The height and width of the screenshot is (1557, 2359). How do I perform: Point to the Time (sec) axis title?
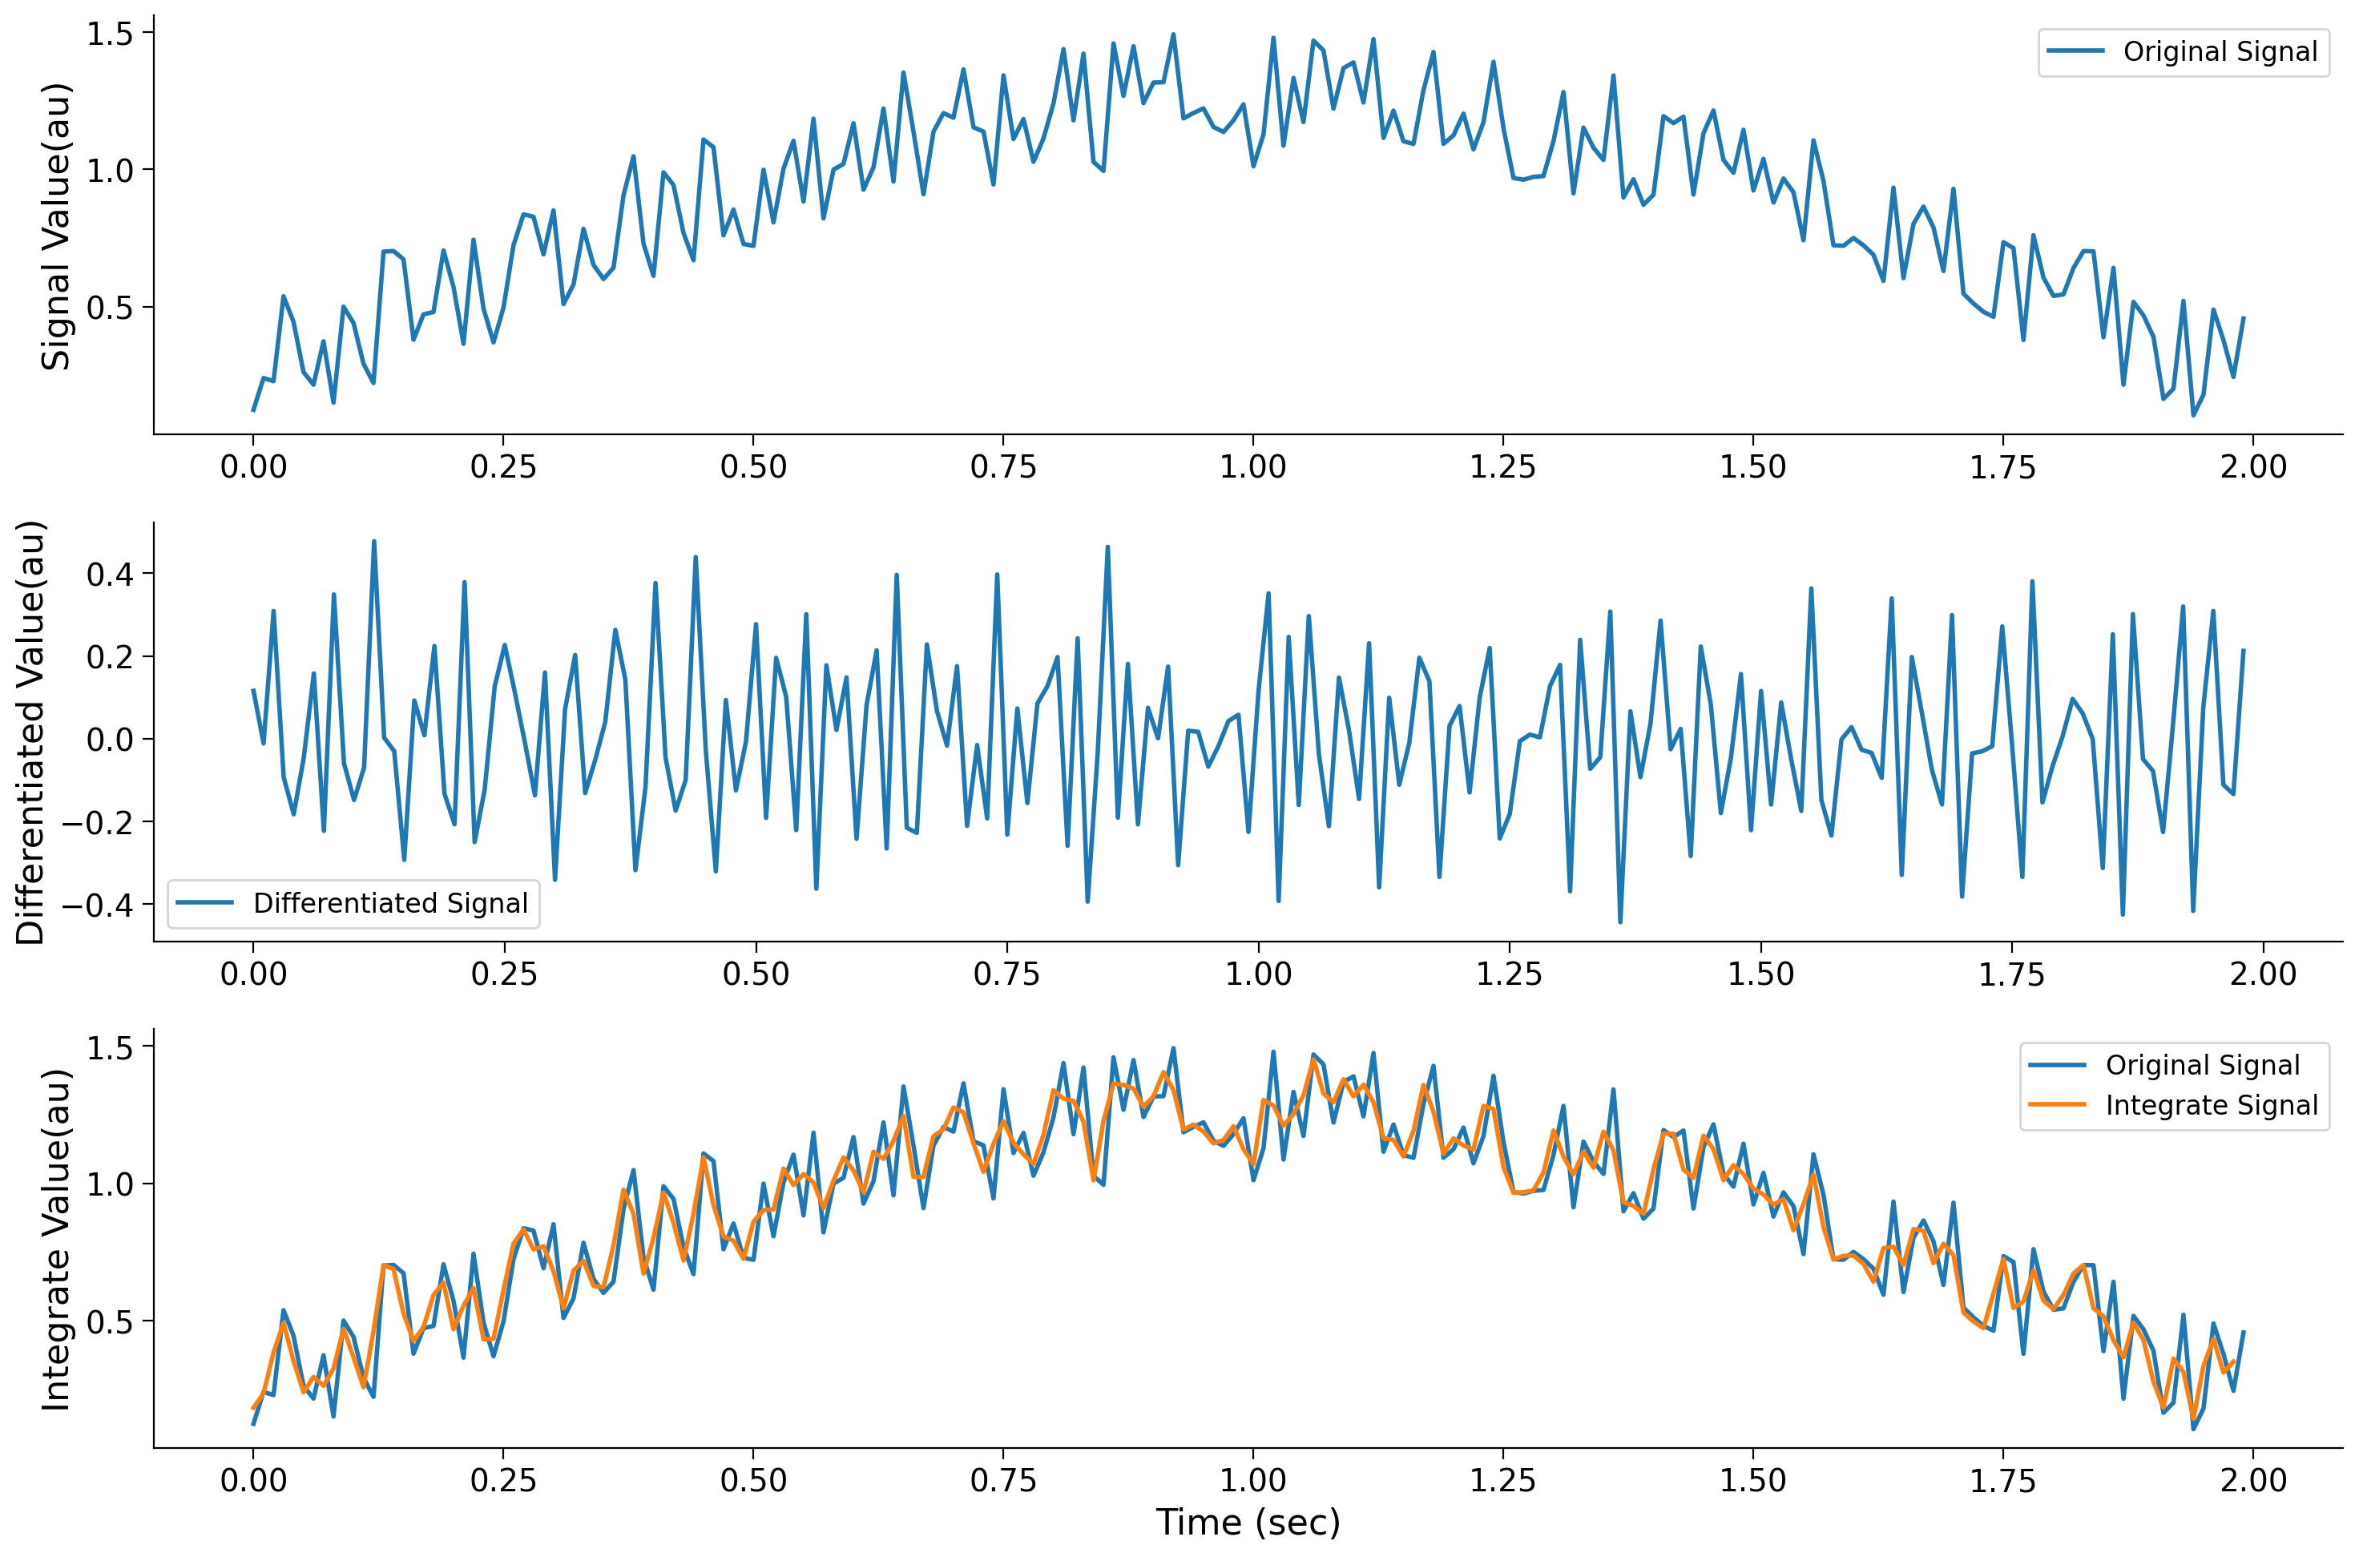[1247, 1521]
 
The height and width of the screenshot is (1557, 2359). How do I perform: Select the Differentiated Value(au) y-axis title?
[30, 732]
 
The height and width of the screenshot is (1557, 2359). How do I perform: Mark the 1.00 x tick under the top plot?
[1253, 466]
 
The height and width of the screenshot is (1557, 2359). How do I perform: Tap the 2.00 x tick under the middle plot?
[2263, 974]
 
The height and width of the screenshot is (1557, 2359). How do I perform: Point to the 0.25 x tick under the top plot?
[503, 466]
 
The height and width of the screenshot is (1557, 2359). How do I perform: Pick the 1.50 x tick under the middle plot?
[1760, 974]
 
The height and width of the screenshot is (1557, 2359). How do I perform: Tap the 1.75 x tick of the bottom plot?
[2002, 1481]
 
